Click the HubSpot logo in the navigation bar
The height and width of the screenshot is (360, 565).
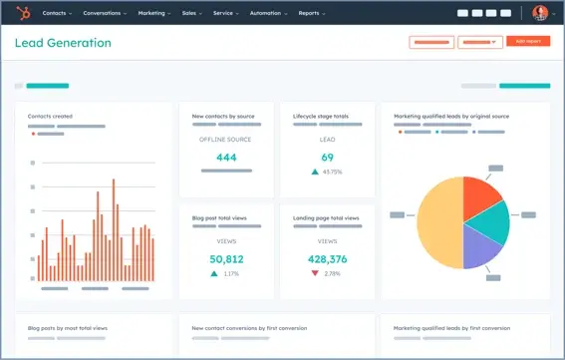pos(22,13)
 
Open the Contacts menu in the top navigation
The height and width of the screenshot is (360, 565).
pos(57,13)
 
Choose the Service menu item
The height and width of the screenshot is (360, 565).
pos(226,13)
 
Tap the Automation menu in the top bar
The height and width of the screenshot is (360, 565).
pos(267,13)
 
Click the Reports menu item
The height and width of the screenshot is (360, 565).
pos(311,13)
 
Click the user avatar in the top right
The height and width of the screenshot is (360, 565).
pos(539,13)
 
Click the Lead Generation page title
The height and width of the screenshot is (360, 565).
pos(62,43)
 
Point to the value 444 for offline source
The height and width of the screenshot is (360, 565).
pos(226,158)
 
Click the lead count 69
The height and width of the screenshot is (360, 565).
pos(327,158)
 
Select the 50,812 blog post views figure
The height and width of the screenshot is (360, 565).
pos(226,259)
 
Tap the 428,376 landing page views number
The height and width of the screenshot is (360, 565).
pos(327,259)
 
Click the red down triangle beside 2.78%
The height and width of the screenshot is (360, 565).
pos(316,273)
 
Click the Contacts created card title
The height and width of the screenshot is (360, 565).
pos(50,117)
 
